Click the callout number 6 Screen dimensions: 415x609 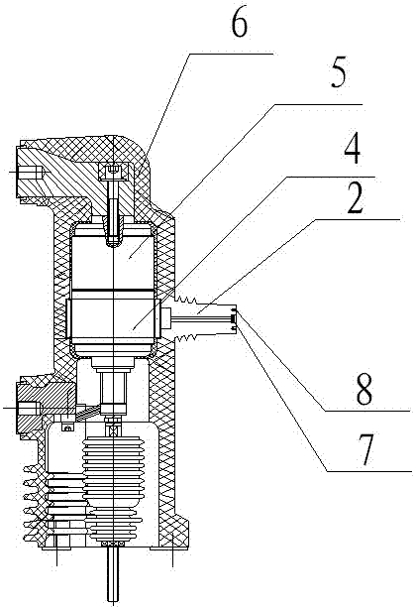click(239, 25)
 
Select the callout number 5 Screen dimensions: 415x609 click(338, 73)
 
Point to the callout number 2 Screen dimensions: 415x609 click(356, 199)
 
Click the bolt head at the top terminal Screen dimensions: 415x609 click(113, 172)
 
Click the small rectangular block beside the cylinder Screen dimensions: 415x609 click(167, 318)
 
